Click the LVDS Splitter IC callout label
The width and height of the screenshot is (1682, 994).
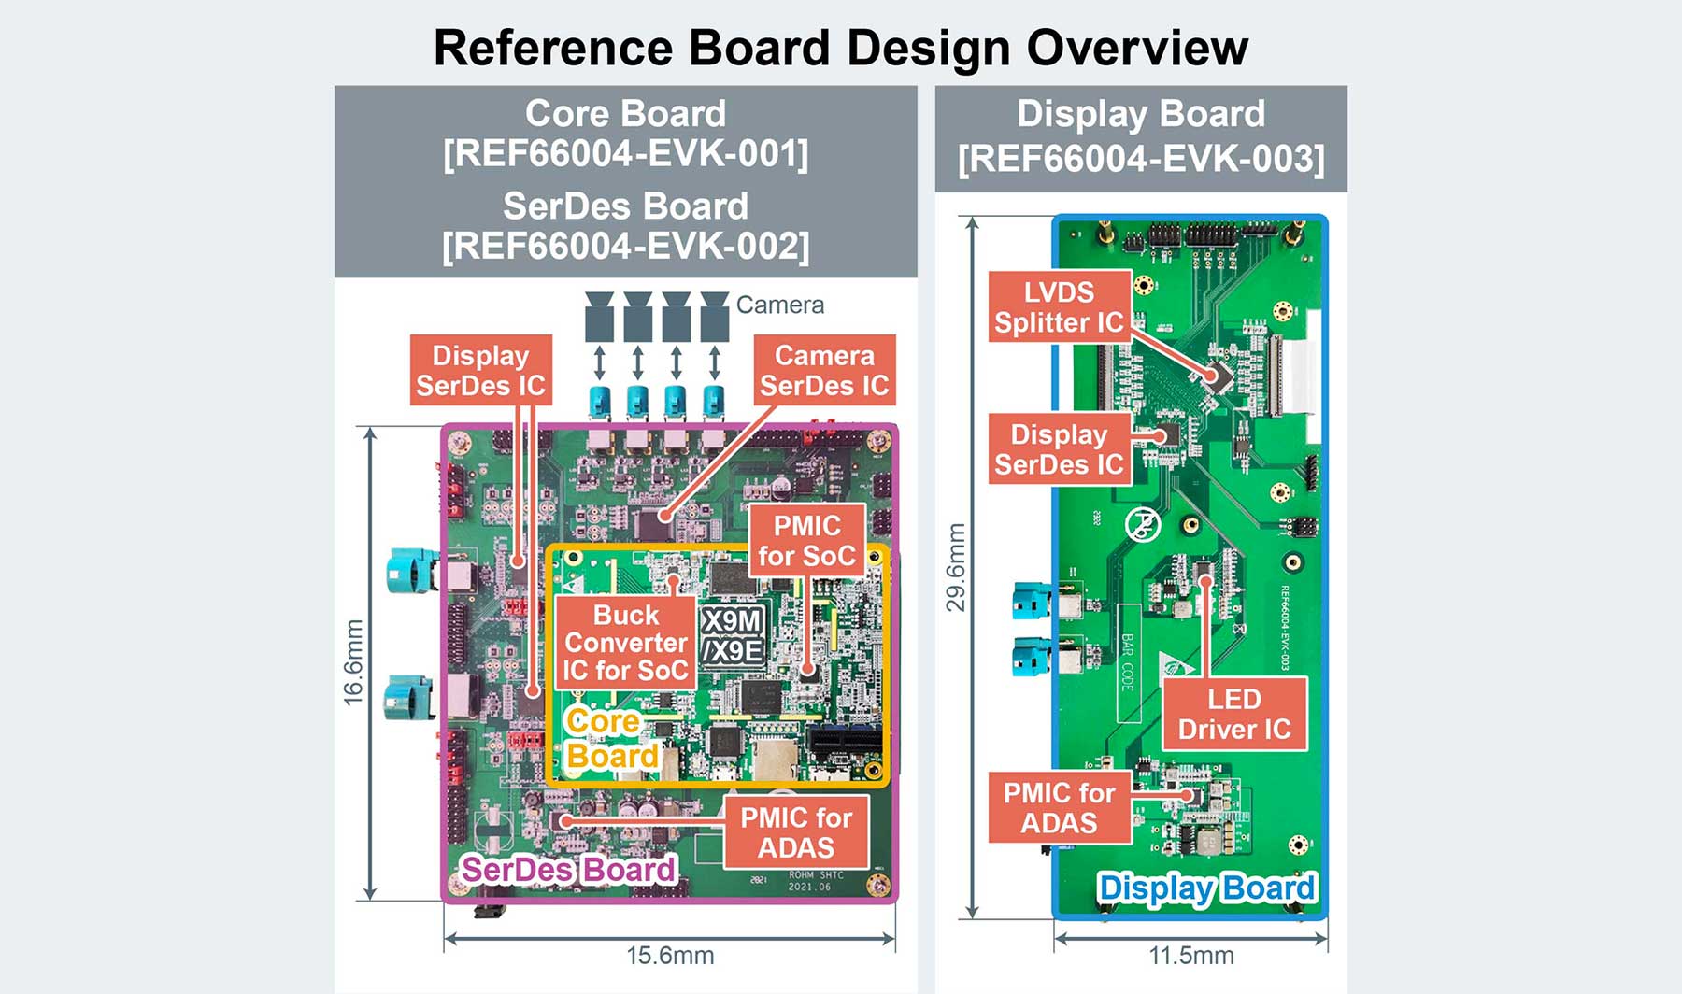pos(1059,307)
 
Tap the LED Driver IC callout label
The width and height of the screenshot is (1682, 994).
pos(1233,715)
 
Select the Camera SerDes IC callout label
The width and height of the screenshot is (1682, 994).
pos(824,370)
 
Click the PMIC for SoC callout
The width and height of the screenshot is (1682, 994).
pos(806,541)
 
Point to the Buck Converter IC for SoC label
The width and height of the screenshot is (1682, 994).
pos(626,643)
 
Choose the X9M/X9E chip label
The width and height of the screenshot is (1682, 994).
pos(733,635)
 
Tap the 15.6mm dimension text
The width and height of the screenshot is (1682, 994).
pos(670,956)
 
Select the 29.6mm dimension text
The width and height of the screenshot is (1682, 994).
pos(956,568)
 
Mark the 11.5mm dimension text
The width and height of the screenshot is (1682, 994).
pos(1190,956)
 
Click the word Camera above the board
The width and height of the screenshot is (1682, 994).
pos(779,305)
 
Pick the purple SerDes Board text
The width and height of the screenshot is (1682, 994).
pos(568,870)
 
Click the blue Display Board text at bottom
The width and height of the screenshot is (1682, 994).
pos(1206,888)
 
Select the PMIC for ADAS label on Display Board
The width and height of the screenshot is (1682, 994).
pos(1059,808)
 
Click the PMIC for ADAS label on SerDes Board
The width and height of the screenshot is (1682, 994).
pos(796,832)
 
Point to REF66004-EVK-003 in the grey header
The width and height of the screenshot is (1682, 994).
pos(1141,159)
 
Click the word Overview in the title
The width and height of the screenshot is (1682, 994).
pos(1137,48)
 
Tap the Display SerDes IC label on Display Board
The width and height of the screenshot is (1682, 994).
pos(1059,449)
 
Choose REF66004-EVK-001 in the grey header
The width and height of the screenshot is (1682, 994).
pos(625,154)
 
